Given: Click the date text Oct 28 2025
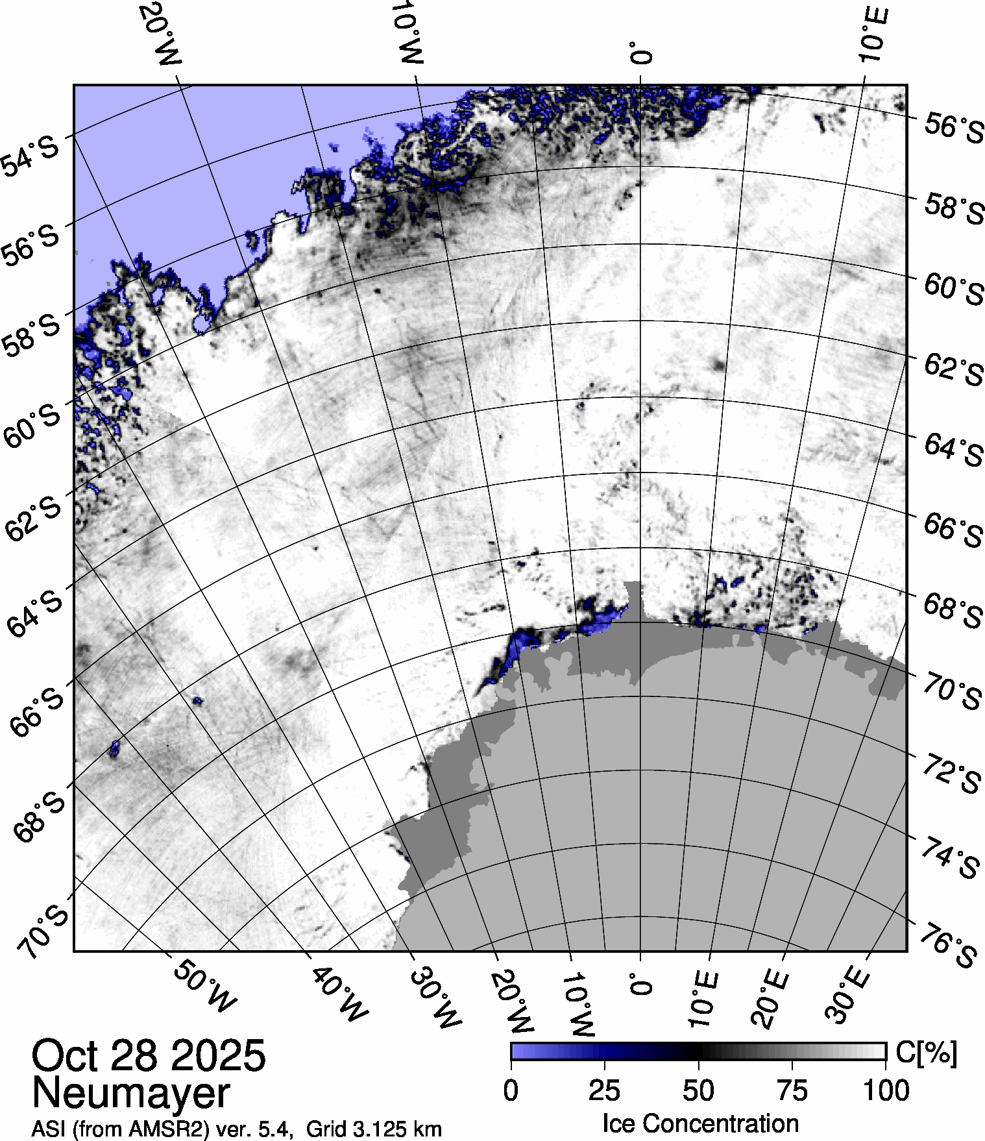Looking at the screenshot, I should (x=149, y=1055).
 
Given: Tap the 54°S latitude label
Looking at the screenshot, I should (x=30, y=155).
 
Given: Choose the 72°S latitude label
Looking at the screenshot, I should (x=951, y=774).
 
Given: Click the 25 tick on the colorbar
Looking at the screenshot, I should (x=604, y=1090).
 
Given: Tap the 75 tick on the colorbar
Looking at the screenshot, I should (x=792, y=1090).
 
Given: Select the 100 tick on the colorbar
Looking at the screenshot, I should (x=886, y=1090).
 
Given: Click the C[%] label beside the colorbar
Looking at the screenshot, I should (x=926, y=1053).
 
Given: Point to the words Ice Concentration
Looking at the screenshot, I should (x=700, y=1123).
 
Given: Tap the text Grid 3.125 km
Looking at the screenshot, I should (x=374, y=1129).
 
